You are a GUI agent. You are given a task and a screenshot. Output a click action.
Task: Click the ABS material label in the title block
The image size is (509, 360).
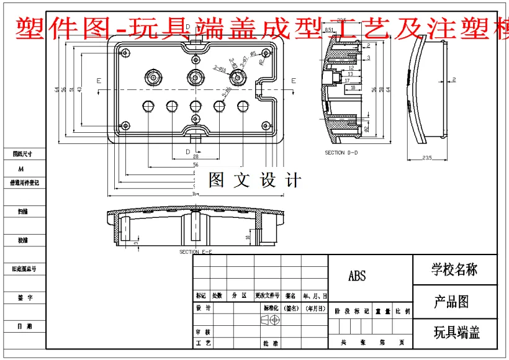(357, 276)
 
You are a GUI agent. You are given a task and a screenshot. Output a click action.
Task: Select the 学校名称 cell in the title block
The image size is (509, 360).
(455, 269)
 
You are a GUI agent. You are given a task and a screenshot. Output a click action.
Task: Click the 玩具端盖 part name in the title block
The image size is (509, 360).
(456, 332)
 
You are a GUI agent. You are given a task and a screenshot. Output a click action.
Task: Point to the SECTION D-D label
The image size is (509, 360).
(343, 153)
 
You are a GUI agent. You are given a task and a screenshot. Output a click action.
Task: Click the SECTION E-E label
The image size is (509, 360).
(196, 252)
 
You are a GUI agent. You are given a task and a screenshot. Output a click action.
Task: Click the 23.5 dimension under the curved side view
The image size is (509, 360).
(426, 159)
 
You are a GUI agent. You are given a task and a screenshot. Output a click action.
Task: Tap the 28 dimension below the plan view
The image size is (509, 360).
(196, 157)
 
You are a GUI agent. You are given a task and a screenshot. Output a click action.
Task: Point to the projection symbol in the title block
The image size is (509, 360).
(271, 319)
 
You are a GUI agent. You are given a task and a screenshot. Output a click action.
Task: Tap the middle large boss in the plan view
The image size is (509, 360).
(196, 77)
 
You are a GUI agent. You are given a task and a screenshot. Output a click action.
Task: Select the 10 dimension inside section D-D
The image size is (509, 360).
(353, 88)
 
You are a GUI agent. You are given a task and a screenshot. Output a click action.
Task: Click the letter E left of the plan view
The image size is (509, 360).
(99, 81)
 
